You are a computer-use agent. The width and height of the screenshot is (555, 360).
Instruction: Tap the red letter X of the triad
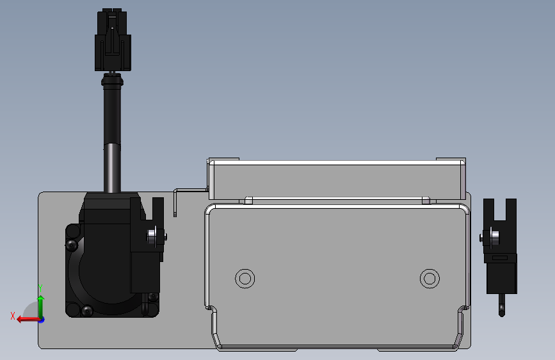(13, 315)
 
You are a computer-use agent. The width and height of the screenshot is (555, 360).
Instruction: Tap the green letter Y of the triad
(40, 288)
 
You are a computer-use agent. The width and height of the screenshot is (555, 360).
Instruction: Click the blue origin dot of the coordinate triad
(40, 319)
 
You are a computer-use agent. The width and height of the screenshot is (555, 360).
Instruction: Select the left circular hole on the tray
(245, 278)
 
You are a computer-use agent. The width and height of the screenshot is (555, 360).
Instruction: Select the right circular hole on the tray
(430, 278)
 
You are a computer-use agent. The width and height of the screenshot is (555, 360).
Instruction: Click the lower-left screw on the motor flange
(88, 311)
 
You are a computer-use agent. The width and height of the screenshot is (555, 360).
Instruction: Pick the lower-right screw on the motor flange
(152, 297)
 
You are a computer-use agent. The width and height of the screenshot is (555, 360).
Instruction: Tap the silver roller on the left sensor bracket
(152, 236)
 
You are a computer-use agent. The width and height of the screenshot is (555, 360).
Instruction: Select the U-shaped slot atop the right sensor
(500, 208)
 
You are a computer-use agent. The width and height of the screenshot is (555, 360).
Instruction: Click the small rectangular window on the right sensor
(500, 258)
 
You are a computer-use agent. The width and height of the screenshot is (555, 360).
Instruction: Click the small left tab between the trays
(249, 200)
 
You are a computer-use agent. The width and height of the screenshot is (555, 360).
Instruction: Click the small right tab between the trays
(425, 200)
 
